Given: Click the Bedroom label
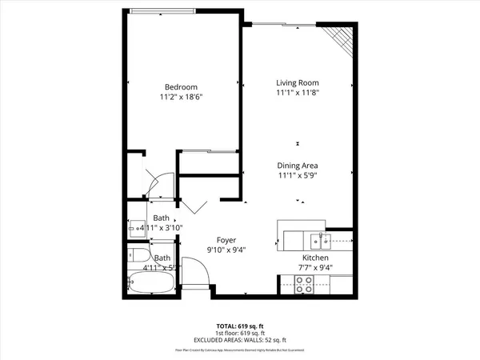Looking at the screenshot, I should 181,87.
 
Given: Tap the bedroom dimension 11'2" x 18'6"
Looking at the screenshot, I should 181,97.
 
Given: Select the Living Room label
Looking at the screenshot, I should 298,82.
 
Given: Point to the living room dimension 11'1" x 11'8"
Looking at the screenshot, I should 298,93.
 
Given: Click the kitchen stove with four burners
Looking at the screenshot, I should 305,283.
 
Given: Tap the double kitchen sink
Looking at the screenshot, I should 323,239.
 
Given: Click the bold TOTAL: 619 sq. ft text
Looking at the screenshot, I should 240,326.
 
